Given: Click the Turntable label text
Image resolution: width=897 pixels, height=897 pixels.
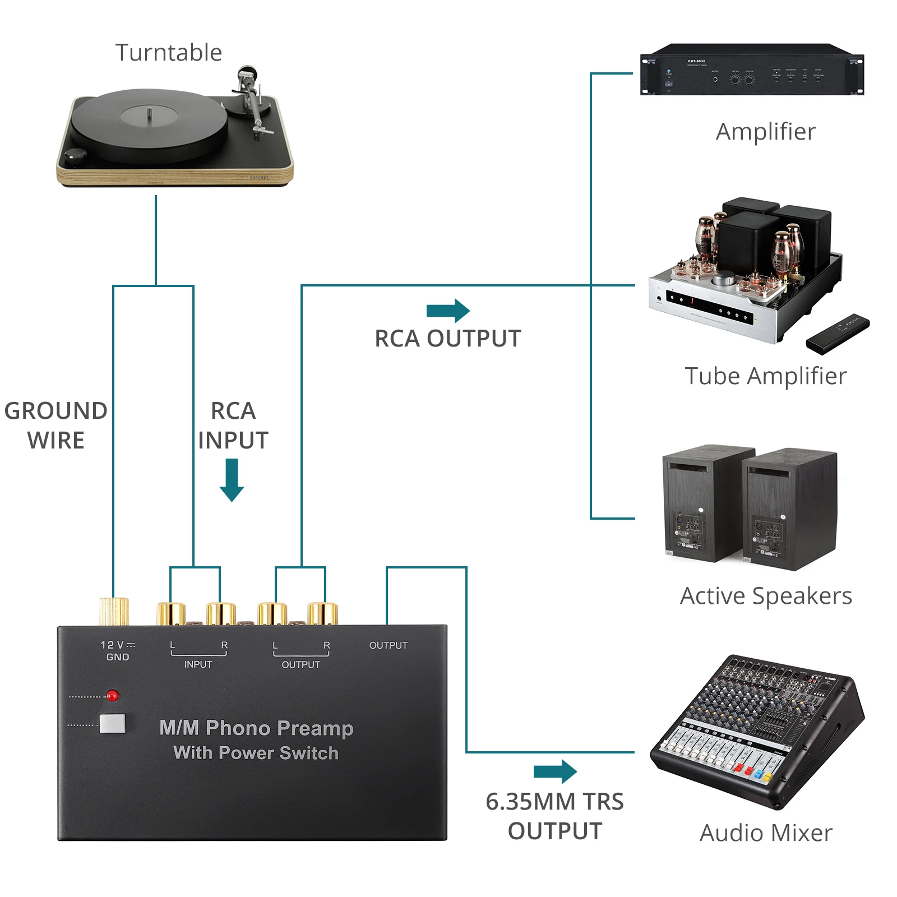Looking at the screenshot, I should (x=169, y=53).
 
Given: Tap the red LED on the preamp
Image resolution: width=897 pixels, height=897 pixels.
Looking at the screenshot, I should (x=113, y=696).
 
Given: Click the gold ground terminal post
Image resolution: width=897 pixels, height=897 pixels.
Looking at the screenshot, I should (x=114, y=611).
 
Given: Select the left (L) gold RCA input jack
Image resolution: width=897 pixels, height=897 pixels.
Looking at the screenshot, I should (x=171, y=613).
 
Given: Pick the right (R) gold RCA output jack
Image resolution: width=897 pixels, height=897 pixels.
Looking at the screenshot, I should (x=323, y=613).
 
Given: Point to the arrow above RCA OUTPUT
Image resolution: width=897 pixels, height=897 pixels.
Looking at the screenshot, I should (x=448, y=311).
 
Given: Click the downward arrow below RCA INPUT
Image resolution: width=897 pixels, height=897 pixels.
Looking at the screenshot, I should (x=232, y=480).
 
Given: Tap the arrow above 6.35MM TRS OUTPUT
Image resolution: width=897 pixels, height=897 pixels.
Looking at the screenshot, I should (x=555, y=771).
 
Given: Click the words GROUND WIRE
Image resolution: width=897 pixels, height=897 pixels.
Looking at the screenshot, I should (x=56, y=426).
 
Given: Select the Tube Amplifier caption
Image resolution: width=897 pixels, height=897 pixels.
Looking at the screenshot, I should (x=765, y=376).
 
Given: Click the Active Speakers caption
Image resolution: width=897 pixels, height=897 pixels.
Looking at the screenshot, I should (x=766, y=595).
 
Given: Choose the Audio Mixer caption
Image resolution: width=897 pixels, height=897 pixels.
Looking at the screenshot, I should (x=766, y=833).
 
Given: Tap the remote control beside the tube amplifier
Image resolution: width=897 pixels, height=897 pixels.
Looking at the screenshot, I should (x=838, y=334).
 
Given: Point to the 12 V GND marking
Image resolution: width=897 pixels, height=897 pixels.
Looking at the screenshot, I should (x=118, y=651).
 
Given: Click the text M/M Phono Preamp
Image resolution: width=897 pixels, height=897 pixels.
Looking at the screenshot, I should (x=256, y=728).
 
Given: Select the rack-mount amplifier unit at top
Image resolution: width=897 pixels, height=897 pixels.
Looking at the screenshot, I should (x=751, y=70).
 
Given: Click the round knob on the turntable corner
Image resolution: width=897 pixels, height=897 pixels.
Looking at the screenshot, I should (x=74, y=156).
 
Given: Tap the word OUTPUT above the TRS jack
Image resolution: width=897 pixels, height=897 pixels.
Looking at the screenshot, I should (x=388, y=645).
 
